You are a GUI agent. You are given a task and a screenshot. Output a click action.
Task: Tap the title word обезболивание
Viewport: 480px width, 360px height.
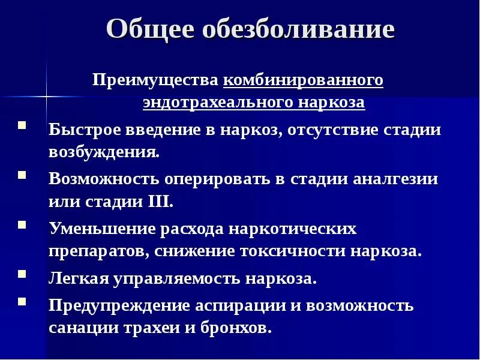click(300, 29)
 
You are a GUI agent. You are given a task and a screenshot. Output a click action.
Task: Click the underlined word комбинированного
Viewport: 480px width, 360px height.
click(303, 80)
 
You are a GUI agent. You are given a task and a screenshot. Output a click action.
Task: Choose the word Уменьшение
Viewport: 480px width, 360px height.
click(101, 229)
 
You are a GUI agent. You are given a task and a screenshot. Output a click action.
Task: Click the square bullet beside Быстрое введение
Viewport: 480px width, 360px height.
click(22, 127)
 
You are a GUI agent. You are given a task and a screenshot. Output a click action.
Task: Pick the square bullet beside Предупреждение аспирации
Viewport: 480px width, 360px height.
click(22, 302)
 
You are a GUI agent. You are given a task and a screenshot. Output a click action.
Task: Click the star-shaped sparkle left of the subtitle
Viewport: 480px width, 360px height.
click(46, 95)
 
